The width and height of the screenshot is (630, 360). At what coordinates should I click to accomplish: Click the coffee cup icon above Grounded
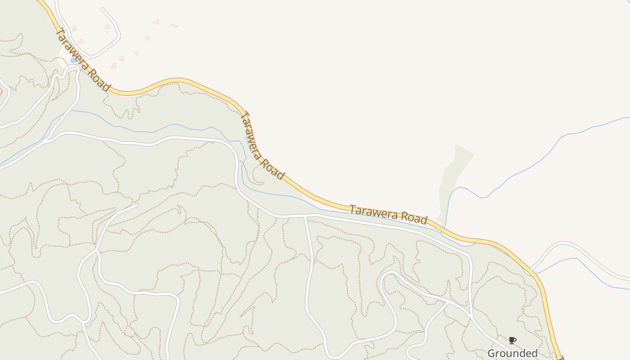point(512,340)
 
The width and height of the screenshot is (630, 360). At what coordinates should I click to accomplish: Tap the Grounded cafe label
point(512,353)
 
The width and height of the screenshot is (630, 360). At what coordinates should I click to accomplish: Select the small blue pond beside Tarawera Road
point(73,60)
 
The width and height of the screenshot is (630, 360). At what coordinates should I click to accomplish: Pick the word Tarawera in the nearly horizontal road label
point(372,212)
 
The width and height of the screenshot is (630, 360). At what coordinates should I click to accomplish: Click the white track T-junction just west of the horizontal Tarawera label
point(306,216)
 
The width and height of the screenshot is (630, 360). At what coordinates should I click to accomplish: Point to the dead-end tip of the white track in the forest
point(137,205)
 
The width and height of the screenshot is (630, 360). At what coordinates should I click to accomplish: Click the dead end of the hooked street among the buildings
point(103,9)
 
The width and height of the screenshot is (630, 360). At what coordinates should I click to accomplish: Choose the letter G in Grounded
point(491,353)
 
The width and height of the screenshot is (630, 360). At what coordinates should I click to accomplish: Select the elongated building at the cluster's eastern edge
point(174,26)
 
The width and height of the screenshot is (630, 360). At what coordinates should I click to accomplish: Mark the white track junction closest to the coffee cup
point(471,315)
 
